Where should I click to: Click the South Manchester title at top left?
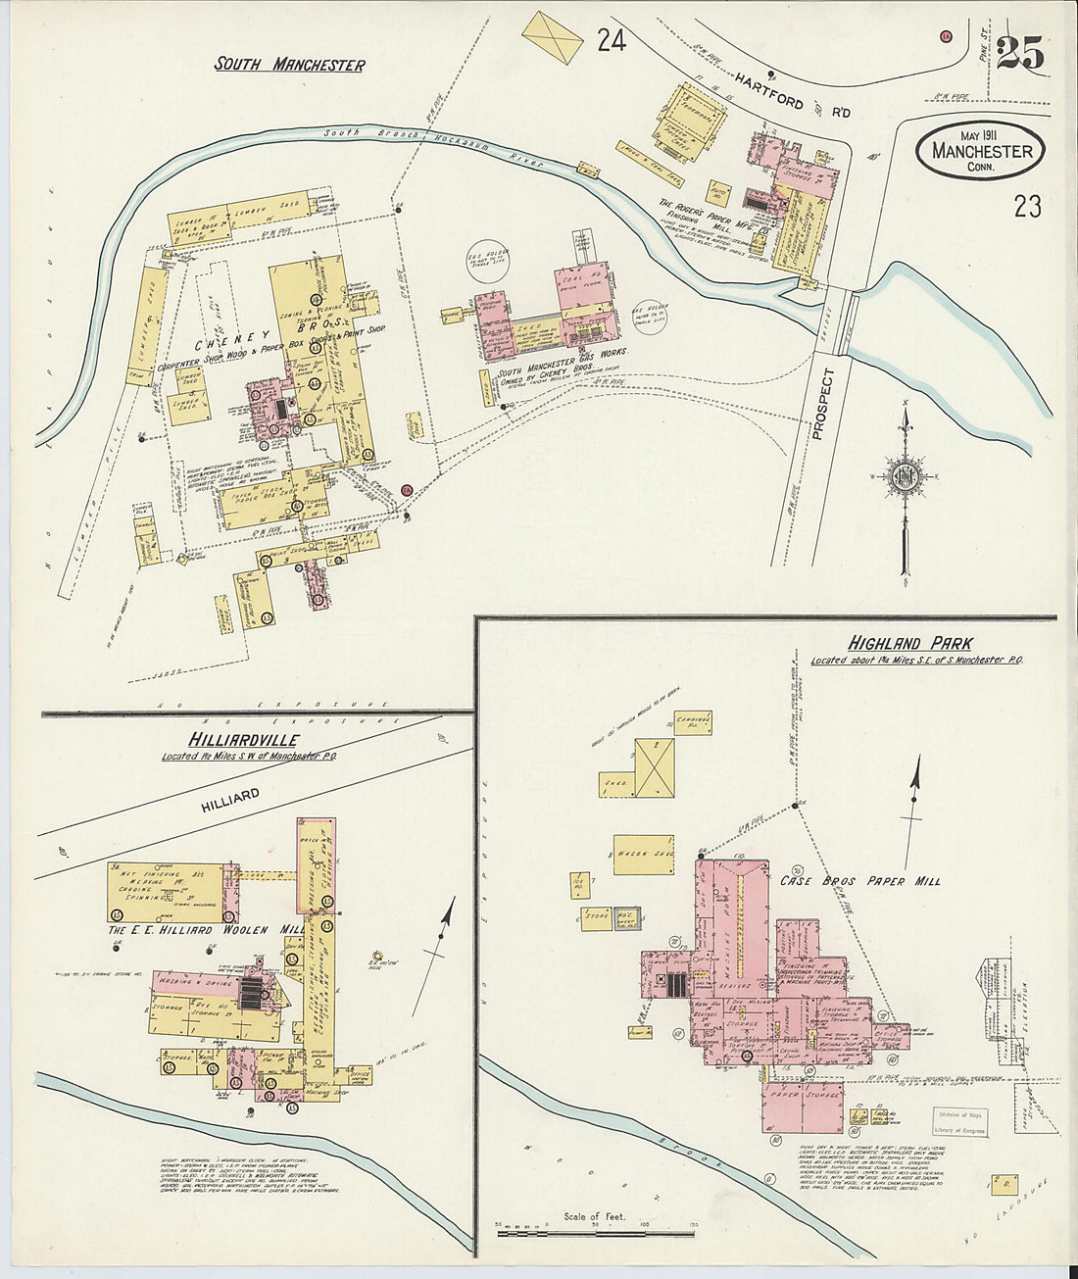tap(290, 66)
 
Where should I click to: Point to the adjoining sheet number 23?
tap(1027, 206)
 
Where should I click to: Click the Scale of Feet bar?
tap(596, 1230)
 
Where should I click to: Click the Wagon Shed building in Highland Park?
tap(643, 854)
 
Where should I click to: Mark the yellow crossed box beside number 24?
tap(552, 39)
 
